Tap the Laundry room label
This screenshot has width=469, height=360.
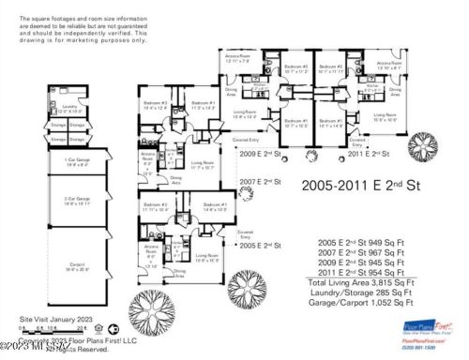(68, 107)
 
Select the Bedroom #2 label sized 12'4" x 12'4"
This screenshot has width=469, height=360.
(156, 107)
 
